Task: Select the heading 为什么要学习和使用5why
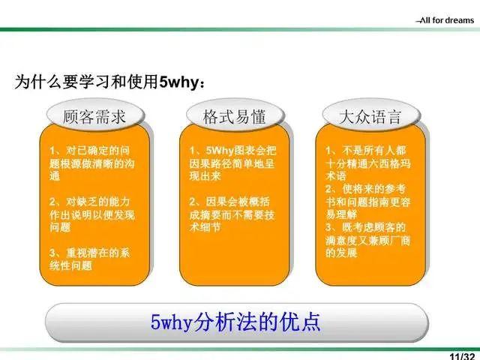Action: click(109, 82)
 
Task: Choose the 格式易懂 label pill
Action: click(232, 118)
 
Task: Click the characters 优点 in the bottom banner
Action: click(303, 322)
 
